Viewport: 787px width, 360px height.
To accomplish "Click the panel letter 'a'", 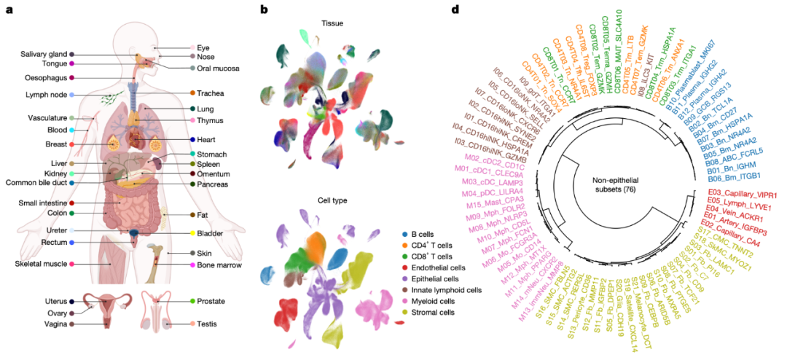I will [9, 10].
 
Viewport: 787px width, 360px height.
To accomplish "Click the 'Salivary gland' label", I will [44, 54].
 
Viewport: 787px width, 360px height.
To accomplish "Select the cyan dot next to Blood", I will [71, 130].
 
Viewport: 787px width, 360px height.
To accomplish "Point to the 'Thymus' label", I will [210, 120].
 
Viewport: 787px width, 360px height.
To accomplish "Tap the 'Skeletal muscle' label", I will [41, 263].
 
